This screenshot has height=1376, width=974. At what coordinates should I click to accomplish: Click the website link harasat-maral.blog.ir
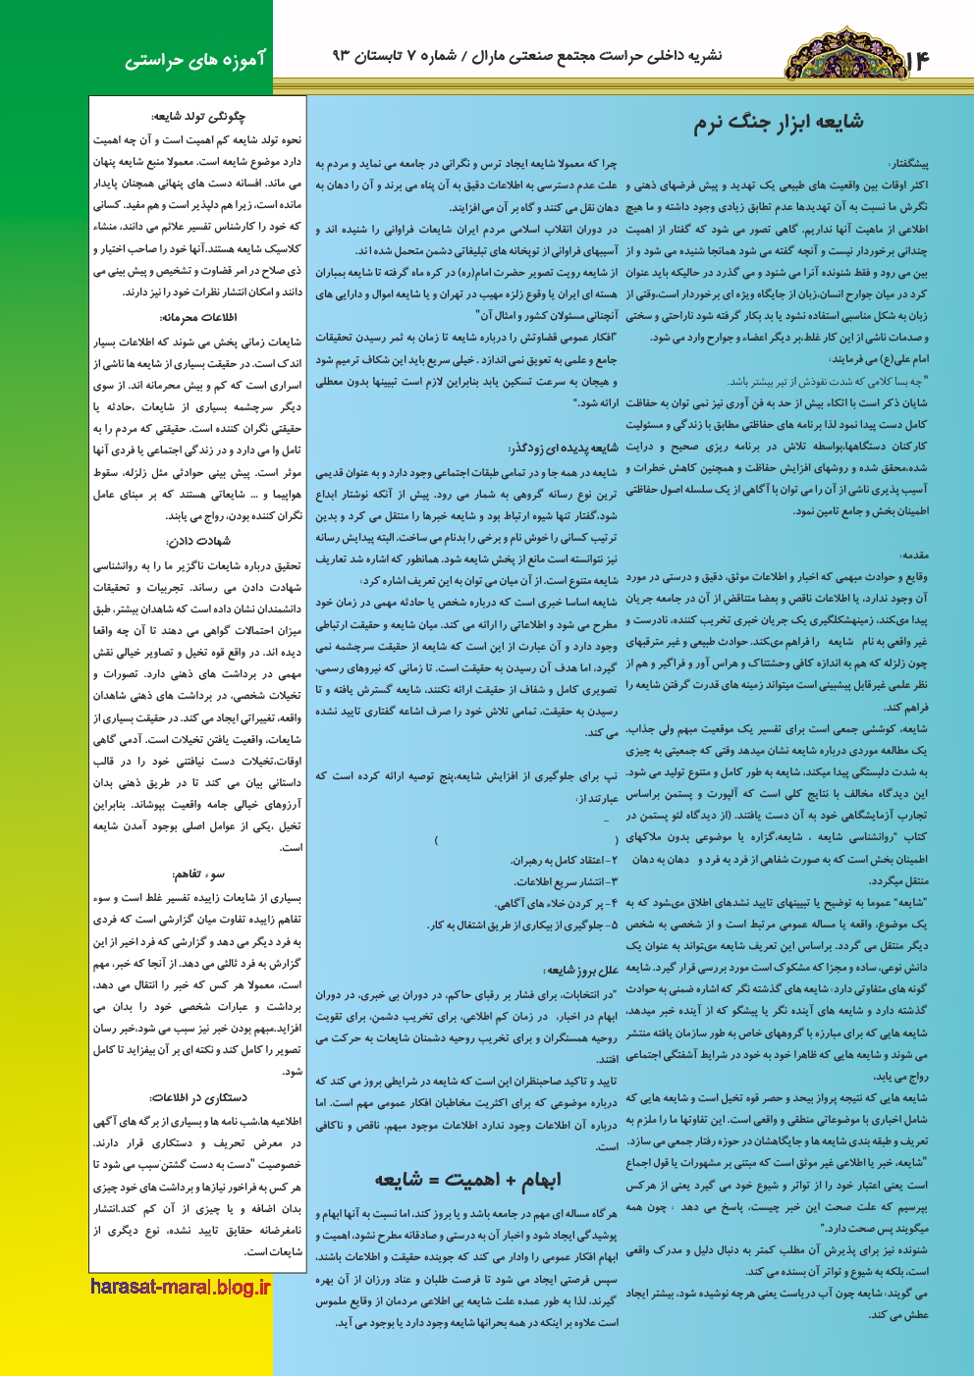pyautogui.click(x=180, y=1287)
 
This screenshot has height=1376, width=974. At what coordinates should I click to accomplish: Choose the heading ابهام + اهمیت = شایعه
pyautogui.click(x=466, y=1180)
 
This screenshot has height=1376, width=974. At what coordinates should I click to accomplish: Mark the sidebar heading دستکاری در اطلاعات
pyautogui.click(x=197, y=1096)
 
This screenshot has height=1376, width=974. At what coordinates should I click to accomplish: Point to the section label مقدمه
pyautogui.click(x=913, y=556)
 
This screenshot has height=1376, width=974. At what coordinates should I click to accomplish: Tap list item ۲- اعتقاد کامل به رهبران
pyautogui.click(x=565, y=860)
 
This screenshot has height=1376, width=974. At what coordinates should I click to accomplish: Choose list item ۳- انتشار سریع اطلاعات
pyautogui.click(x=565, y=881)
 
